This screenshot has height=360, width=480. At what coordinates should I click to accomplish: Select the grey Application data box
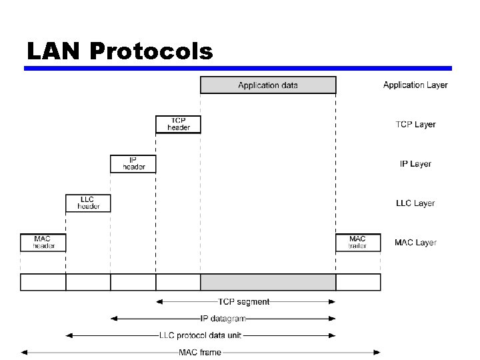pos(268,85)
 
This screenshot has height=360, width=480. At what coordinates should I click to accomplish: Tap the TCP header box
pos(178,124)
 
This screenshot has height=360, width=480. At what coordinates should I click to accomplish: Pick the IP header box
pos(133,163)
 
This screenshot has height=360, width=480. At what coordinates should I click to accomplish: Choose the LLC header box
pos(88,203)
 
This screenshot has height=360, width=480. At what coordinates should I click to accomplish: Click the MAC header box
pos(43,242)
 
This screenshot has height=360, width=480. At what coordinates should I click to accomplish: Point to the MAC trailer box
pos(358,242)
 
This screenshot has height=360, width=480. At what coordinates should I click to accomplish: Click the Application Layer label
pos(415,85)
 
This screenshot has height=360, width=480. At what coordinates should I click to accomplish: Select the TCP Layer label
pos(416,125)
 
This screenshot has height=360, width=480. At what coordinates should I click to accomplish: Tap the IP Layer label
pos(416,164)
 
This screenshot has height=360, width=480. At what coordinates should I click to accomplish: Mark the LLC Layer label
pos(416,203)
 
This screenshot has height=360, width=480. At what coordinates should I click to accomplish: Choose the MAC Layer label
pos(416,243)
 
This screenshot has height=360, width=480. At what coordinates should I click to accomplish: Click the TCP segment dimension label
pos(244,302)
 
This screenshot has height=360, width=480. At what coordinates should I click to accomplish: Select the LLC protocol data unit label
pos(200,335)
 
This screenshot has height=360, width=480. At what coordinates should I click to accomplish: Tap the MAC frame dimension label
pos(200,352)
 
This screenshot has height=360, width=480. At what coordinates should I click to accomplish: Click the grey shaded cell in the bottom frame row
pos(268,282)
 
